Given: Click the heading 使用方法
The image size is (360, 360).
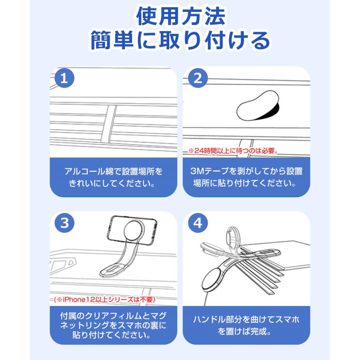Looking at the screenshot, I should [x=180, y=18].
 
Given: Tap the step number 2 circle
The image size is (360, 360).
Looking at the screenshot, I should [x=197, y=78].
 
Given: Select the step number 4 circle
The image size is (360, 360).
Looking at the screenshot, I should [x=197, y=223].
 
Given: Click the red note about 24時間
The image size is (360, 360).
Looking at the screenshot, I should [x=233, y=152].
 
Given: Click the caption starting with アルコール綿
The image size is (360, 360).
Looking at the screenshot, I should [x=114, y=177].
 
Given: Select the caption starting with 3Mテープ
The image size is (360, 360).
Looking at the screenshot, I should [x=246, y=177].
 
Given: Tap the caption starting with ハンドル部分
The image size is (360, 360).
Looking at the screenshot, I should [x=246, y=325].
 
